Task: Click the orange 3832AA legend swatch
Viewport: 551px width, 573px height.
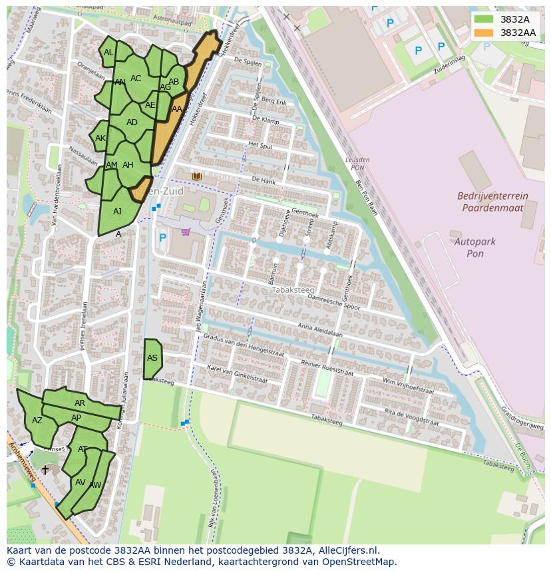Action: coord(484,33)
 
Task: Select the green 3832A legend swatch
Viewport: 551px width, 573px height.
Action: coord(484,19)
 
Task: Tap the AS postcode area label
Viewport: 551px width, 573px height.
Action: coord(152,358)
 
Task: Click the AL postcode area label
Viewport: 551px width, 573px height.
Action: coord(108,53)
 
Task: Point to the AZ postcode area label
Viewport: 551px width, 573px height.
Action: coord(37,421)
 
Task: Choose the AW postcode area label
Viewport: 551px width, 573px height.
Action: coord(95,485)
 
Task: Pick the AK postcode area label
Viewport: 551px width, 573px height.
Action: coord(100,138)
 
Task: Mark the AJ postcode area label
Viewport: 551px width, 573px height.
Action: coord(118,212)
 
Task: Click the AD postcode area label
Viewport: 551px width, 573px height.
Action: coord(132,122)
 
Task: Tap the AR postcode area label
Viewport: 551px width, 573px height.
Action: coord(80,403)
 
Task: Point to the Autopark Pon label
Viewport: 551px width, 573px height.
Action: coord(474,248)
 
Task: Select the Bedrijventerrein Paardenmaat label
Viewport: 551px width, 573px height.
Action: coord(492,202)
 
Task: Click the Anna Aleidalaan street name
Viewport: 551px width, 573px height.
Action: coord(320,331)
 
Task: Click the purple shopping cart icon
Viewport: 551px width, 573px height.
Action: coord(185,232)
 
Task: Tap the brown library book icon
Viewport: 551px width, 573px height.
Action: coord(196,176)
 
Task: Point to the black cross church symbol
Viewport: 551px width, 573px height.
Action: coord(45,469)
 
